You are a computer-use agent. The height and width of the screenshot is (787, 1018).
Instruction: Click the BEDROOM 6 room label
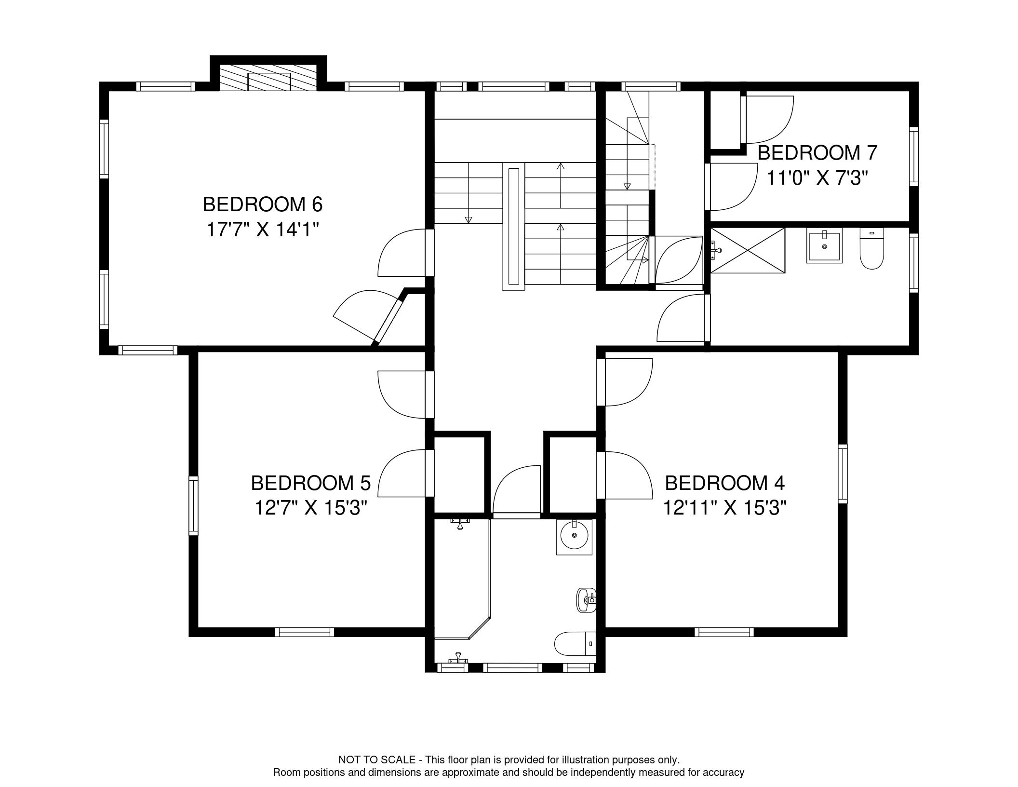262,204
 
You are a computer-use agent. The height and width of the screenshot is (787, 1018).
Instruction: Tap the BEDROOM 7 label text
817,153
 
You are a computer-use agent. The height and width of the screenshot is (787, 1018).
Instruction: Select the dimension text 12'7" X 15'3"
311,508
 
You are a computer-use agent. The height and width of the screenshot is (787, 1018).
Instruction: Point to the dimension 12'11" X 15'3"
724,508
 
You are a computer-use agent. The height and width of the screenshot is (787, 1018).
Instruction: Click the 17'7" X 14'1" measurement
263,230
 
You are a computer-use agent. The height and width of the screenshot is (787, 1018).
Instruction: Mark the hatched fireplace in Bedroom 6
268,77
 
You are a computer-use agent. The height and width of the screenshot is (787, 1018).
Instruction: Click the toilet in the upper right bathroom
872,248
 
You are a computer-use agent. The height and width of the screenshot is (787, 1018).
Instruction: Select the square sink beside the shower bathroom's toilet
824,246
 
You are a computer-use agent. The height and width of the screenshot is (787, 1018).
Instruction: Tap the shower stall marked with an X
748,251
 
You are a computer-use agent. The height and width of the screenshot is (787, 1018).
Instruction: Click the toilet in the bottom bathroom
575,643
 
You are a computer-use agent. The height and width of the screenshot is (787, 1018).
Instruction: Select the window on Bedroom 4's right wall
843,474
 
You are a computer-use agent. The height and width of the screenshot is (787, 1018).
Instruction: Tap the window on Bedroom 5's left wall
193,505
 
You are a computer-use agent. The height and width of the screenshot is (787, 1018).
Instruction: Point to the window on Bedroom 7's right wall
913,156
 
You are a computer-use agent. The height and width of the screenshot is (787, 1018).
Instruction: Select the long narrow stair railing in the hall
513,227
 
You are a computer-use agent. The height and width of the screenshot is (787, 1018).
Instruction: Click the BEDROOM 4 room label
724,483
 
